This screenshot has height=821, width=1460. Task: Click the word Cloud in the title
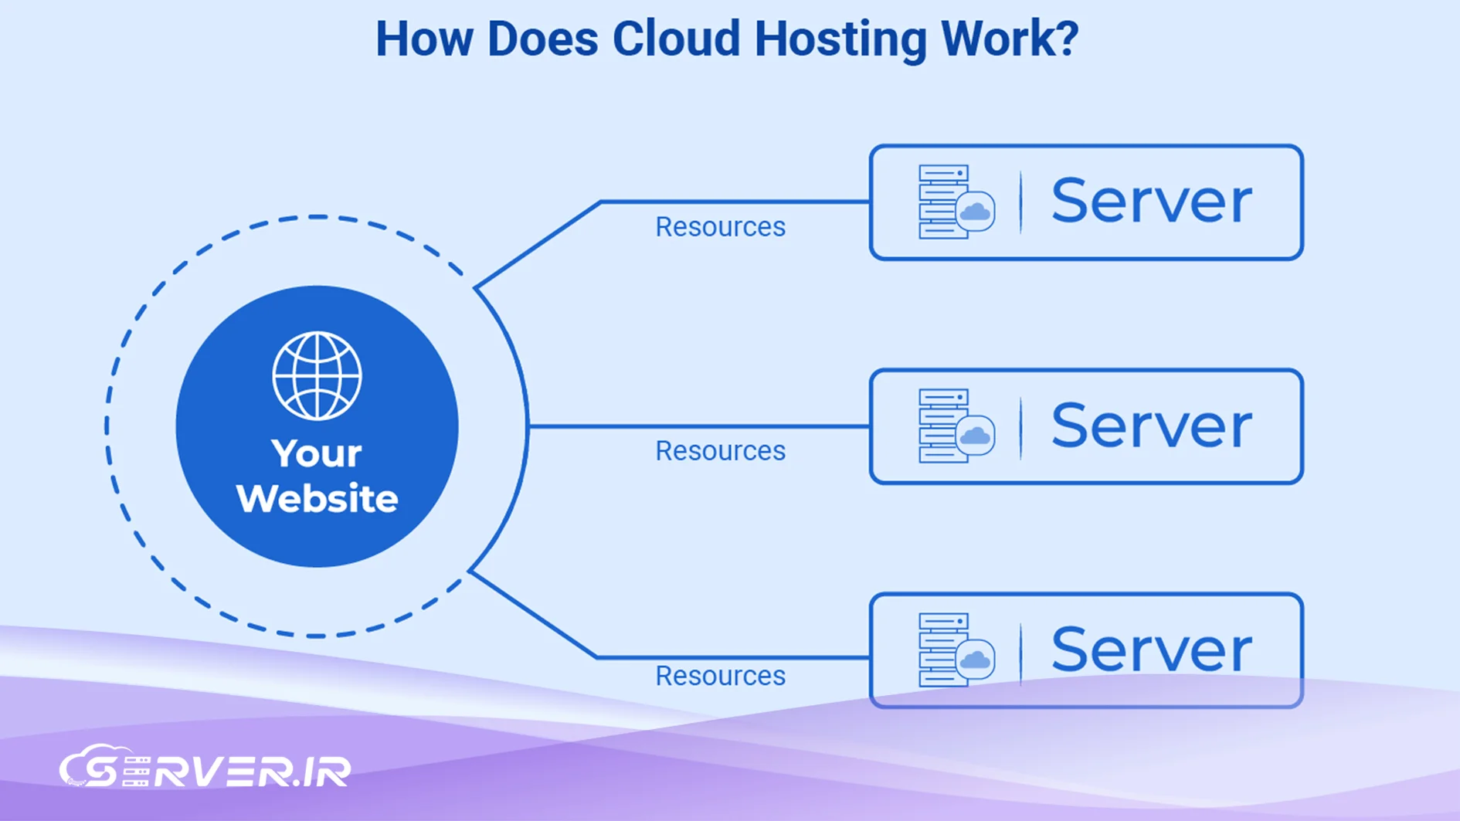click(676, 39)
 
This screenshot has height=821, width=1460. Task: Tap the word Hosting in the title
click(840, 39)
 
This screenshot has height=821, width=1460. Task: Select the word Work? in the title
click(1010, 39)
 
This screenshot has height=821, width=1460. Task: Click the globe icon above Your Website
click(317, 376)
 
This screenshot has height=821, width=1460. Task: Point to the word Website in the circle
click(317, 498)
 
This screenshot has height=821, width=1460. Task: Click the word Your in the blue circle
click(317, 453)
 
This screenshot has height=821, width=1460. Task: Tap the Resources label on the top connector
click(720, 227)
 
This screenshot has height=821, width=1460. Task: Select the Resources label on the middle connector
click(720, 451)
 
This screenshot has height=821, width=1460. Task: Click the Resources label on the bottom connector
click(720, 676)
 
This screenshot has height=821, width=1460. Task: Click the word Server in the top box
click(1151, 202)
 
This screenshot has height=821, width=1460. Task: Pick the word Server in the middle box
click(1151, 426)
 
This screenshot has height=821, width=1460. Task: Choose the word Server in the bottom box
click(1151, 650)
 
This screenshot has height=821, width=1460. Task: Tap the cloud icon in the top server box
click(975, 211)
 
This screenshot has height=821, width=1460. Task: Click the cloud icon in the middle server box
click(975, 436)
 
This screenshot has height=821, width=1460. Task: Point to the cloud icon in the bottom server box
click(975, 660)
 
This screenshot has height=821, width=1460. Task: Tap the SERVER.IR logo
click(205, 768)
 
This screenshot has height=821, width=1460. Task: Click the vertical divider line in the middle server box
click(1021, 427)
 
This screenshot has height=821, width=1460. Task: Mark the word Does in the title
click(542, 39)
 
